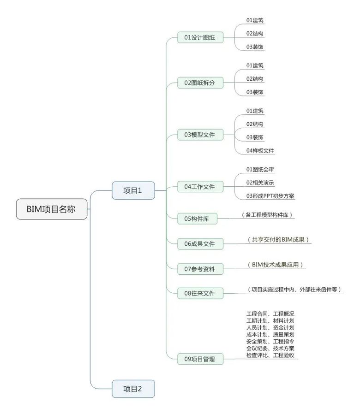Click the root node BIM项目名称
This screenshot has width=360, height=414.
point(52,209)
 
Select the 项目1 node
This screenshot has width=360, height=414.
point(133,190)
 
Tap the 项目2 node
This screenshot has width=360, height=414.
point(133,389)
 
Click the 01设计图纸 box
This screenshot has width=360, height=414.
point(200,37)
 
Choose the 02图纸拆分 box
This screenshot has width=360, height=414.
point(200,83)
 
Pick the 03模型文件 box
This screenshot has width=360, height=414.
point(200,135)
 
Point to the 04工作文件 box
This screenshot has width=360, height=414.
point(200,187)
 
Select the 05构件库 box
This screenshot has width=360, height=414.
point(197,219)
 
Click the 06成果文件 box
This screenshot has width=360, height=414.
point(200,243)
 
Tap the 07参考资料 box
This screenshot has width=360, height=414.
point(200,268)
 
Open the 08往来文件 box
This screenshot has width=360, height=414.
point(200,293)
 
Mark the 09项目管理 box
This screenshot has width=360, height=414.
point(200,359)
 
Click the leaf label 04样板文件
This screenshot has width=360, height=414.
point(260,150)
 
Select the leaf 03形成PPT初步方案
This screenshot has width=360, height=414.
point(270,196)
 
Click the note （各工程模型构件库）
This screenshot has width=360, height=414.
point(267,215)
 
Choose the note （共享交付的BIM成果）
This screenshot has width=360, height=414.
point(279,240)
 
